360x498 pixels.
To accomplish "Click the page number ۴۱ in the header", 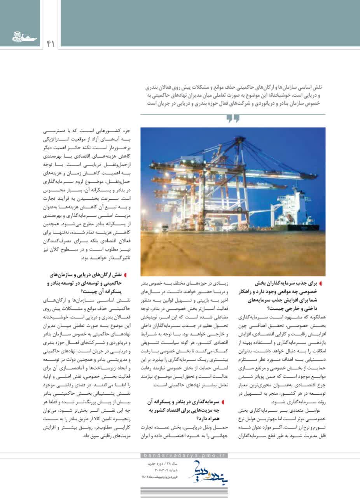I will [50, 44].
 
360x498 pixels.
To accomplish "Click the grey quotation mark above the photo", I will [233, 119].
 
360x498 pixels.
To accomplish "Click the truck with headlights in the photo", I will [165, 228].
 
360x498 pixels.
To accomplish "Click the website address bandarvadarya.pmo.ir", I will [183, 456].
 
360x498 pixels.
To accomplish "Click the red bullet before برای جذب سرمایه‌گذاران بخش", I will [322, 284].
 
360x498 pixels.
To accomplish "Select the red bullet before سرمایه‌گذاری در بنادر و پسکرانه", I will [222, 389].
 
